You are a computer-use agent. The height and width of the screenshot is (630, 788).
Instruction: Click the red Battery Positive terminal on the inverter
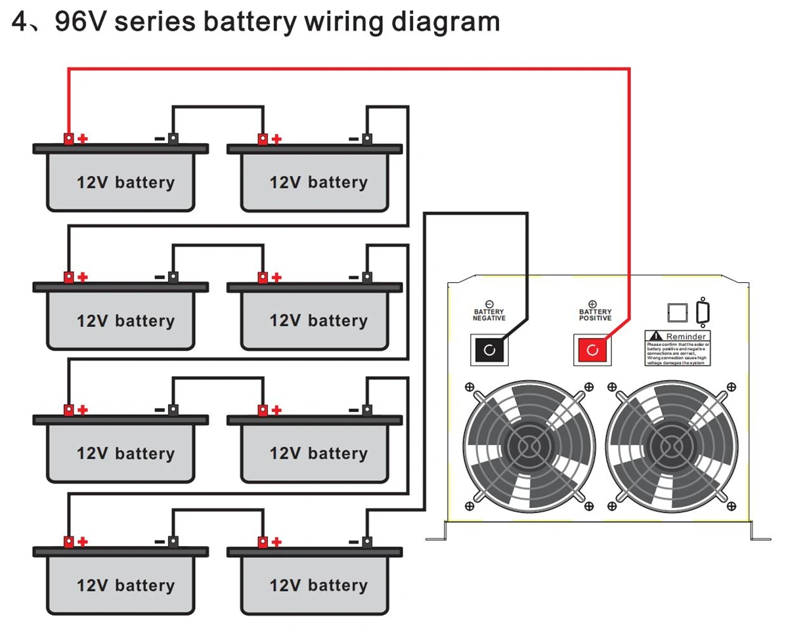pyautogui.click(x=592, y=350)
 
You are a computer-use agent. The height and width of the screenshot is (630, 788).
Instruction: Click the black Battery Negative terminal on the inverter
pyautogui.click(x=489, y=350)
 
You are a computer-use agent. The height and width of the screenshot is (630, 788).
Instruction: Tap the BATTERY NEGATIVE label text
pyautogui.click(x=489, y=314)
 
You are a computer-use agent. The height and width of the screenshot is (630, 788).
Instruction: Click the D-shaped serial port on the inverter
pyautogui.click(x=703, y=313)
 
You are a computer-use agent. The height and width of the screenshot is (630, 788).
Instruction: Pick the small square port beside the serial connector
pyautogui.click(x=677, y=314)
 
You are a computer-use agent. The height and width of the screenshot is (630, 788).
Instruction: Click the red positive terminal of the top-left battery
pyautogui.click(x=68, y=138)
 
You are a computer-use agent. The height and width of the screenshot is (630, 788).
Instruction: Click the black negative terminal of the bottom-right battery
pyautogui.click(x=367, y=542)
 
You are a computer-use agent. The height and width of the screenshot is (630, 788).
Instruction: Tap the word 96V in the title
pyautogui.click(x=81, y=22)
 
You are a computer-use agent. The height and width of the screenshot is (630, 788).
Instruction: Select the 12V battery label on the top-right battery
pyautogui.click(x=318, y=182)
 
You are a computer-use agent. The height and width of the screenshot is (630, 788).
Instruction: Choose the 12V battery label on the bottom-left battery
pyautogui.click(x=125, y=585)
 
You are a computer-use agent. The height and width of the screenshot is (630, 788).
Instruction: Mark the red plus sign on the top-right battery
pyautogui.click(x=276, y=138)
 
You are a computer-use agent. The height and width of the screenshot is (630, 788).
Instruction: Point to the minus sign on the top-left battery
pyautogui.click(x=160, y=138)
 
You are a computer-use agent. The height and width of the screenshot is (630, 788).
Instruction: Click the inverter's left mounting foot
pyautogui.click(x=436, y=533)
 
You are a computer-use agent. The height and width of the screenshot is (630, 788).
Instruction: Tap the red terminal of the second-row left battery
pyautogui.click(x=68, y=278)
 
